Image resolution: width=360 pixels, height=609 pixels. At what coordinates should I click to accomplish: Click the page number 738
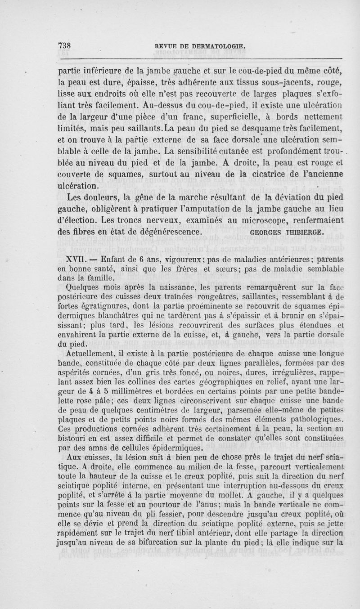66,45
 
